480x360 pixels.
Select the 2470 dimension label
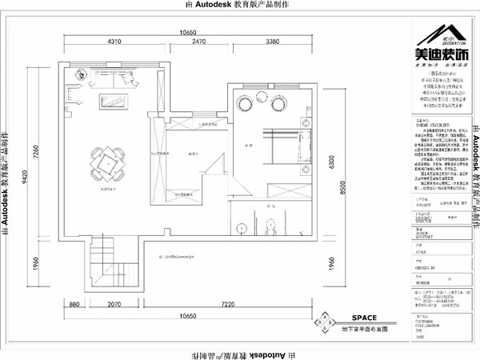point(199,40)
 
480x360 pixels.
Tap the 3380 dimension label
point(272,40)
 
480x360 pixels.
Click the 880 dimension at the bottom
point(74,305)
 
